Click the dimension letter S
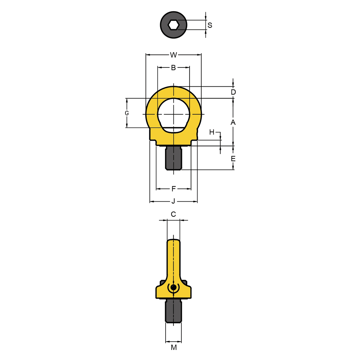pos(210,25)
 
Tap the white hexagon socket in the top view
pos(174,25)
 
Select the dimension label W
pos(173,55)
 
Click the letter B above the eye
pos(173,67)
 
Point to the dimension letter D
pos(233,92)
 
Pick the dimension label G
pos(127,113)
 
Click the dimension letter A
pos(233,123)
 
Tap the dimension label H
pos(212,132)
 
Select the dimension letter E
pos(233,159)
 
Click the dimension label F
pos(174,189)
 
